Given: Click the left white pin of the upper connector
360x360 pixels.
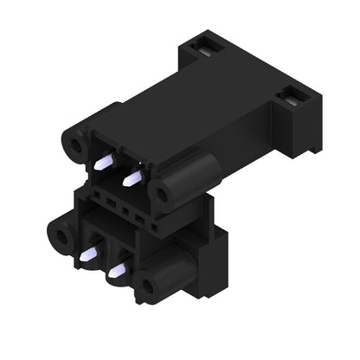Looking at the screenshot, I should (x=102, y=162).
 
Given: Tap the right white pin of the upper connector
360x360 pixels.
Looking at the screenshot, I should (x=132, y=178).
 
